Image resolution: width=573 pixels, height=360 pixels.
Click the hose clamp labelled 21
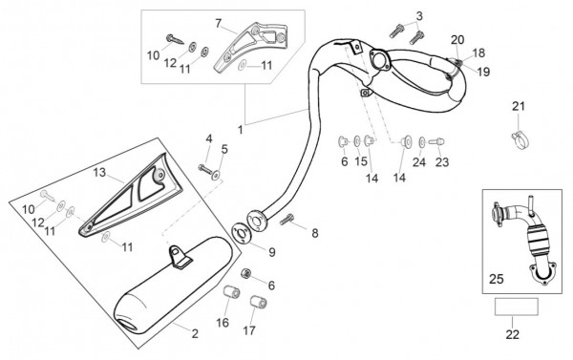pyautogui.click(x=520, y=140)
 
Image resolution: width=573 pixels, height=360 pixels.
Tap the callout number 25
pyautogui.click(x=497, y=279)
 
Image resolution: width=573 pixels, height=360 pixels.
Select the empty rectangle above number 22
pyautogui.click(x=517, y=307)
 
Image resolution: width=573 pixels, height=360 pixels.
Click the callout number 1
pyautogui.click(x=240, y=130)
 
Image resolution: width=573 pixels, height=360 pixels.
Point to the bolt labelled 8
pyautogui.click(x=286, y=220)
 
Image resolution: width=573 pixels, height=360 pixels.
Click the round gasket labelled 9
pyautogui.click(x=242, y=233)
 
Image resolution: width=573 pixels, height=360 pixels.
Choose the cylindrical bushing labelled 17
pyautogui.click(x=259, y=303)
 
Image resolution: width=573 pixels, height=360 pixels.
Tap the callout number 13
pyautogui.click(x=99, y=173)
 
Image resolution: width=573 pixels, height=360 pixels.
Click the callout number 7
pyautogui.click(x=219, y=24)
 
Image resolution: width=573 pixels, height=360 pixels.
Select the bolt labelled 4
pyautogui.click(x=205, y=169)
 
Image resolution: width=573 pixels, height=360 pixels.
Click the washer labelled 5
pyautogui.click(x=217, y=176)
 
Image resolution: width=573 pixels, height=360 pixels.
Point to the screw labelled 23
pyautogui.click(x=436, y=141)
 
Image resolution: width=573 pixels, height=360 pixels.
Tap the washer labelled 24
pyautogui.click(x=422, y=141)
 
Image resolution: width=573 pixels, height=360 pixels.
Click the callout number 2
pyautogui.click(x=195, y=333)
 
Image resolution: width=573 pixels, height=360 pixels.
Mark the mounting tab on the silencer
pyautogui.click(x=179, y=257)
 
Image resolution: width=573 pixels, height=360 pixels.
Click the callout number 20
pyautogui.click(x=457, y=40)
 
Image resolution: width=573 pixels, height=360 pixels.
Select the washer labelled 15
pyautogui.click(x=356, y=141)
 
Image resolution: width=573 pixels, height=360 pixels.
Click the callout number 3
pyautogui.click(x=419, y=15)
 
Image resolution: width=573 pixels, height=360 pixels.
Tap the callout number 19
pyautogui.click(x=483, y=72)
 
